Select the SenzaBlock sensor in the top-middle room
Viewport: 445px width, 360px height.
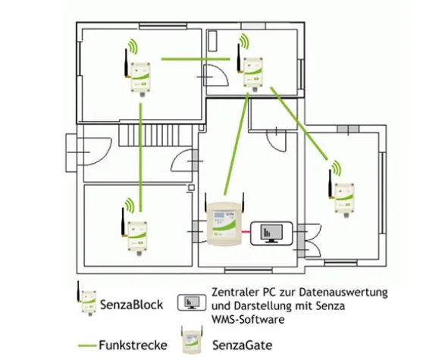tap(251, 70)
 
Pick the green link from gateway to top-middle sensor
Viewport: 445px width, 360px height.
tap(235, 144)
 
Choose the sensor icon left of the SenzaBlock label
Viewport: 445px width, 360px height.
tap(87, 302)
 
